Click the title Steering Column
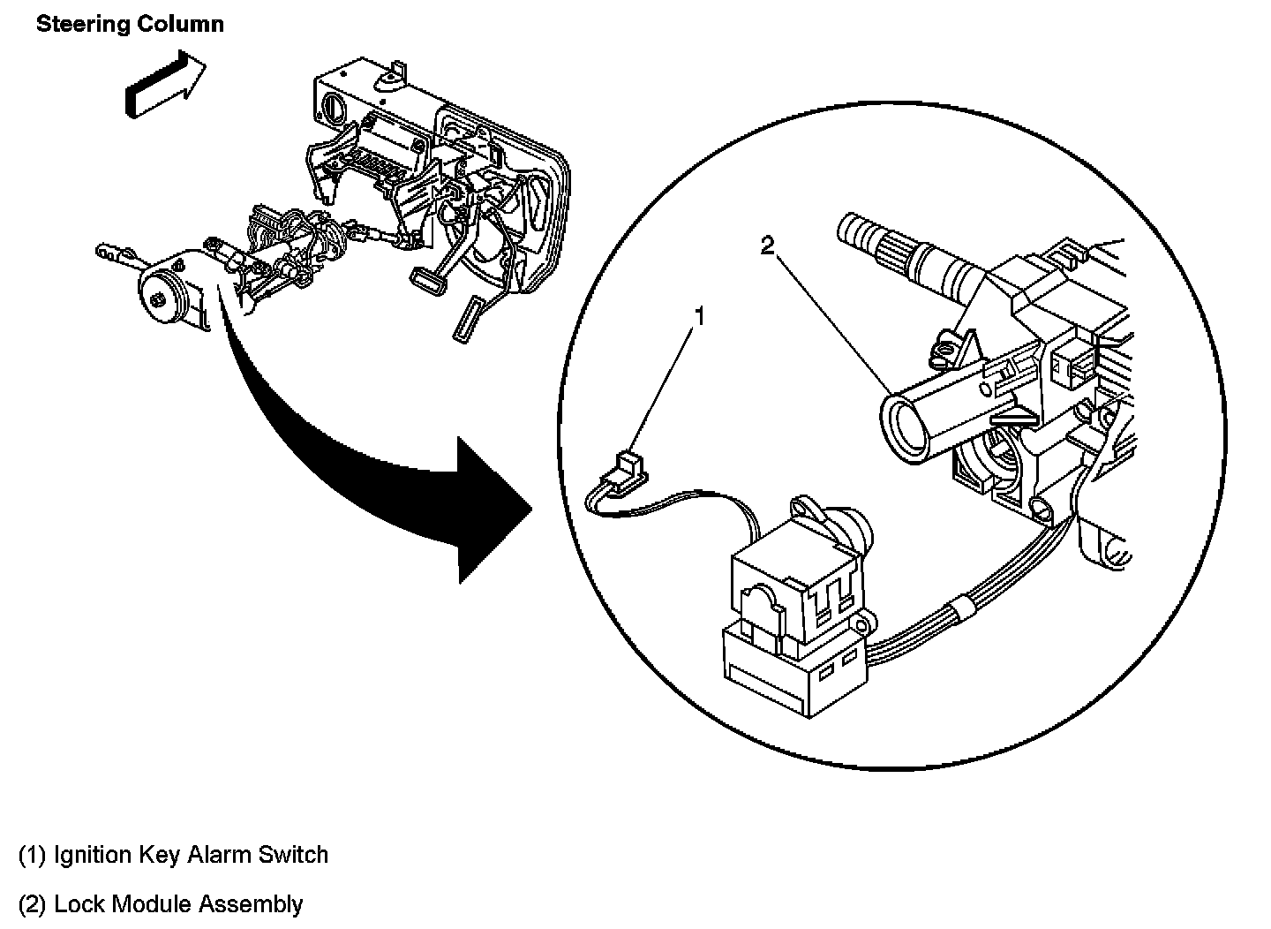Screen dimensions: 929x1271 130,24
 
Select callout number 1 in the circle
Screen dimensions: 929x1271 699,315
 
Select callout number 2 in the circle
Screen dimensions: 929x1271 767,246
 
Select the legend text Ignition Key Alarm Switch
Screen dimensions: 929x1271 191,855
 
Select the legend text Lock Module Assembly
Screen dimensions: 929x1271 178,904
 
